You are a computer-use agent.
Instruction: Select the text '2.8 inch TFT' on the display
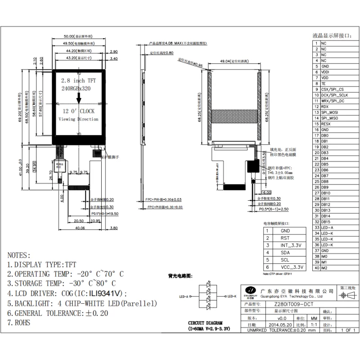click(78, 80)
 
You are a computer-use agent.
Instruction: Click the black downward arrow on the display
click(79, 98)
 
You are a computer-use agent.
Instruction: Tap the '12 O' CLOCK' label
click(78, 111)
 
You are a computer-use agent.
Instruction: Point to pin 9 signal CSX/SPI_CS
click(332, 90)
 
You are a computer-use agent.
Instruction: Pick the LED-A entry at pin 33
click(327, 228)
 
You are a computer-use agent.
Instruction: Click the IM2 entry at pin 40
click(324, 268)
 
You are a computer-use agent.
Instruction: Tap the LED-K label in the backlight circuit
click(232, 296)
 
